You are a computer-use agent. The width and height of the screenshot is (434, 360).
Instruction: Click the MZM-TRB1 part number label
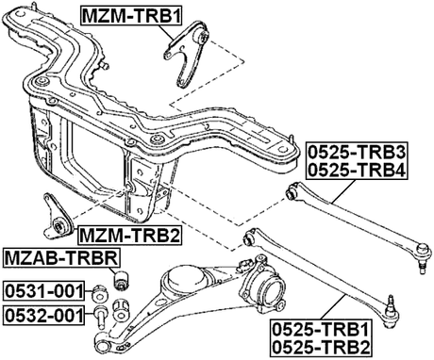[x=132, y=16]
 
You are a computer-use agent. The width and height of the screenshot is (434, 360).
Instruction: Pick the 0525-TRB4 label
[x=355, y=170]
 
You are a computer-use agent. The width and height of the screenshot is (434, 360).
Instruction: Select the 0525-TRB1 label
[x=321, y=330]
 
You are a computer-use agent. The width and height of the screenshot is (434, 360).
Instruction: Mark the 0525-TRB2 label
[x=321, y=349]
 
